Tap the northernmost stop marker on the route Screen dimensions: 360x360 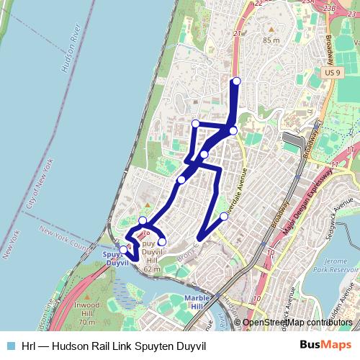(x=236, y=81)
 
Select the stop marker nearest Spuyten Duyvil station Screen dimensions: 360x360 (x=124, y=250)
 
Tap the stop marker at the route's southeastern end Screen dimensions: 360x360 (x=224, y=216)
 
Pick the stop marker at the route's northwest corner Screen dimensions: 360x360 (x=194, y=124)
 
